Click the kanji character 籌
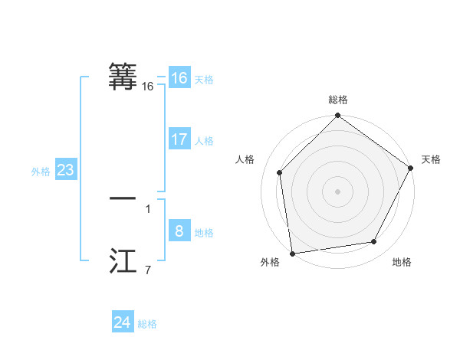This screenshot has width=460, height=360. pyautogui.click(x=123, y=77)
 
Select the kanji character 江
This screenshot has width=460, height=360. pyautogui.click(x=123, y=260)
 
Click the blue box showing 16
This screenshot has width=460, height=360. pyautogui.click(x=179, y=78)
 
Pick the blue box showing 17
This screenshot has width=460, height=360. pyautogui.click(x=179, y=139)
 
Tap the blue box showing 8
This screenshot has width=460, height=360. pyautogui.click(x=179, y=231)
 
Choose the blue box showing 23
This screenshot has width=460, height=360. pyautogui.click(x=65, y=170)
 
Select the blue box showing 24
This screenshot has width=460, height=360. pyautogui.click(x=123, y=322)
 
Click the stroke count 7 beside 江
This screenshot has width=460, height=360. pyautogui.click(x=147, y=270)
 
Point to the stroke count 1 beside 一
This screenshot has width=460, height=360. pyautogui.click(x=147, y=208)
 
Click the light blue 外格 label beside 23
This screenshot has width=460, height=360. pyautogui.click(x=41, y=172)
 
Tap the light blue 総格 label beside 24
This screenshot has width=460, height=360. pyautogui.click(x=147, y=324)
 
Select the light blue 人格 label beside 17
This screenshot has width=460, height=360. pyautogui.click(x=204, y=141)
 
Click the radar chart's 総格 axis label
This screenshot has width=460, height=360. pyautogui.click(x=337, y=100)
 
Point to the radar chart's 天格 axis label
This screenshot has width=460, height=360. pyautogui.click(x=431, y=159)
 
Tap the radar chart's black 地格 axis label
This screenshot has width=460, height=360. pyautogui.click(x=402, y=263)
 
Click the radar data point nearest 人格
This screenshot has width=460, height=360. pyautogui.click(x=280, y=172)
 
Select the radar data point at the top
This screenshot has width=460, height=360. pyautogui.click(x=337, y=116)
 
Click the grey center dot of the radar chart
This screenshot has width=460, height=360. pyautogui.click(x=337, y=191)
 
